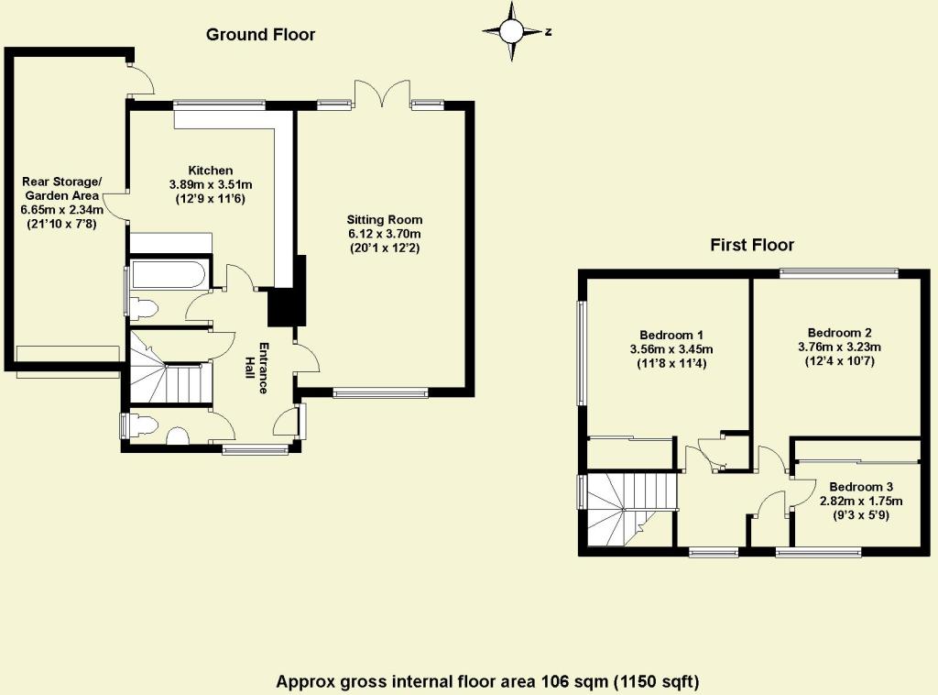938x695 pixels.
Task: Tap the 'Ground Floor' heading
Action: pos(260,35)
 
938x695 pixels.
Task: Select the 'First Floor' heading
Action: pos(751,245)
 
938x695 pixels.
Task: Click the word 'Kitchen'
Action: pos(211,171)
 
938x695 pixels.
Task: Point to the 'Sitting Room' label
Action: pos(384,220)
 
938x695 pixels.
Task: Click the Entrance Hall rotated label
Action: pos(263,368)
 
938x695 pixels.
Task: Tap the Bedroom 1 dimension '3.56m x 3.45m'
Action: pos(671,349)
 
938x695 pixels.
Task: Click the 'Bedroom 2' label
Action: pos(838,332)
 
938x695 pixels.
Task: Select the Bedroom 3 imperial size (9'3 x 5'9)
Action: pos(860,515)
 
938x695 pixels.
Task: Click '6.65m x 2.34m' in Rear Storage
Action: pos(63,209)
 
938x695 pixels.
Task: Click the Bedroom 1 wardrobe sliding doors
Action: pos(629,441)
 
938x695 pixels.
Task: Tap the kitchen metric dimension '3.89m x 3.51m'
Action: pos(211,184)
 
